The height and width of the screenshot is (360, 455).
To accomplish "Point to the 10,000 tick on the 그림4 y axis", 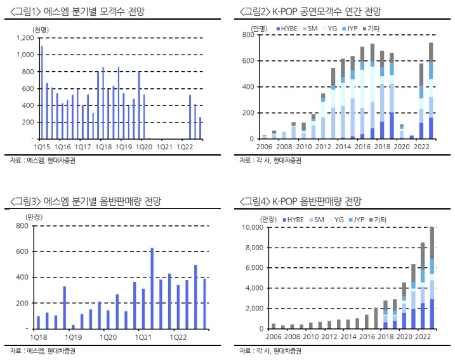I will (250, 227).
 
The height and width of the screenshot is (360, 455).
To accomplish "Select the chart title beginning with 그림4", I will (300, 202).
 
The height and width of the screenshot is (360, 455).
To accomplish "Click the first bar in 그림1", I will (42, 92).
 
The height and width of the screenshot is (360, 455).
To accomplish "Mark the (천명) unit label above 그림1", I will (41, 29).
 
